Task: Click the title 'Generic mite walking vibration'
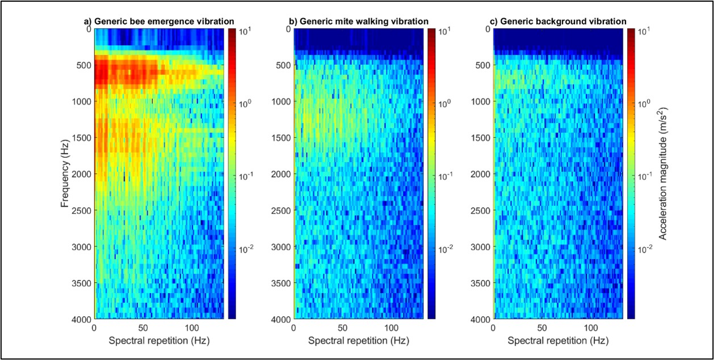click(x=359, y=22)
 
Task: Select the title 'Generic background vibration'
click(x=558, y=22)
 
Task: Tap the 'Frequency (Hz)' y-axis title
click(x=66, y=173)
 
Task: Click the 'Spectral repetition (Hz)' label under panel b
click(x=358, y=341)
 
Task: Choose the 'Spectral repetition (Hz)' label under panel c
click(x=558, y=341)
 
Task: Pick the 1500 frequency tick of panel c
click(x=480, y=138)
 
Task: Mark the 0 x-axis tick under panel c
click(x=493, y=329)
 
